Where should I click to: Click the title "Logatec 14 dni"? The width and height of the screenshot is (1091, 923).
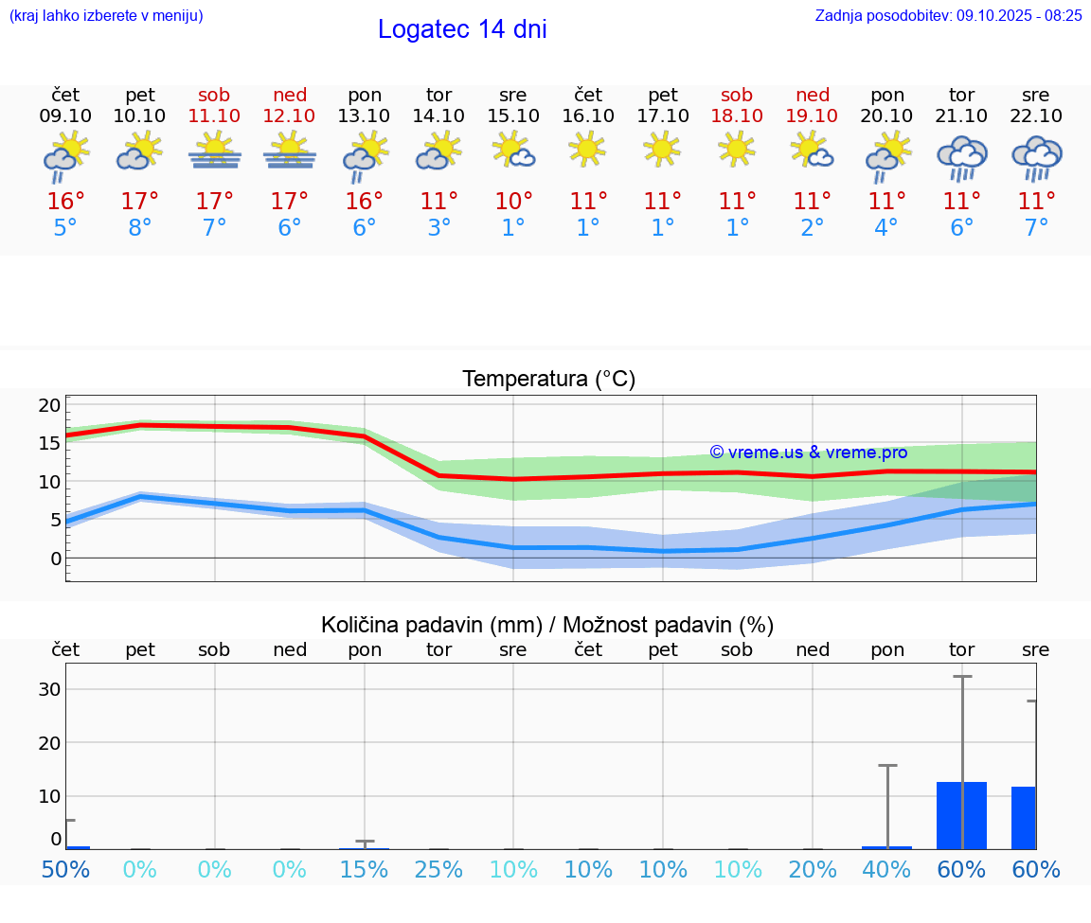coord(462,29)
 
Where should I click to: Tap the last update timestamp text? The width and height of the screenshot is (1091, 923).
coord(948,15)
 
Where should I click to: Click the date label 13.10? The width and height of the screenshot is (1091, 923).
coord(365,115)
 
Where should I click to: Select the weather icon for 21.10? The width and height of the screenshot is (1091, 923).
coord(961,158)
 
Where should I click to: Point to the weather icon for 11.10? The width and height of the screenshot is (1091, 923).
coord(214,151)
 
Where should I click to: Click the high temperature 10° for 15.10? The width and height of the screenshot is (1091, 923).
coord(513,201)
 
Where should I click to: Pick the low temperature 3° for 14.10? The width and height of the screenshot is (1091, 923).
coord(438,228)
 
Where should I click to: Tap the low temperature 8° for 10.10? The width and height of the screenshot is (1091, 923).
coord(140,228)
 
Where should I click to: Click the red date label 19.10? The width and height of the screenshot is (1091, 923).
coord(812,115)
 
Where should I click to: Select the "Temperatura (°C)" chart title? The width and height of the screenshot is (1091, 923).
coord(548,380)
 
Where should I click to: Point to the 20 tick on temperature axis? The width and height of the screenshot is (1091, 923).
coord(49,405)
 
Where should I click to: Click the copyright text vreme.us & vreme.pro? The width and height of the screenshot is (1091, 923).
coord(808,453)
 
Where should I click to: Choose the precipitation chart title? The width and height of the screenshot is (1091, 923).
coord(547,625)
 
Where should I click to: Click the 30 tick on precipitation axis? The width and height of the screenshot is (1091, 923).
coord(49,689)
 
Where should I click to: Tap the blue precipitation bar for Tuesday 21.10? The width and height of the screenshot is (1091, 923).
coord(961,815)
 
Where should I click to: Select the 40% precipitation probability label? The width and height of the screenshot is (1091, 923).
coord(886,869)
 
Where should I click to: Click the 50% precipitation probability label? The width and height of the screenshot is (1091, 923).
coord(65,869)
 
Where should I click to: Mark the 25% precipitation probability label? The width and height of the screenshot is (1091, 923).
coord(438,869)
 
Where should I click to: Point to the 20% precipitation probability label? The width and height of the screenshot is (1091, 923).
coord(812,869)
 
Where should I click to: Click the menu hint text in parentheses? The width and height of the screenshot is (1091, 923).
coord(106,15)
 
